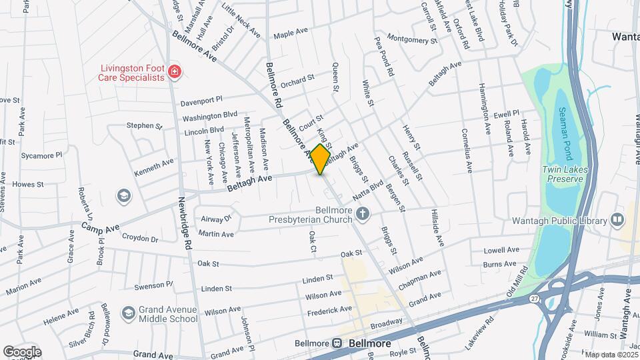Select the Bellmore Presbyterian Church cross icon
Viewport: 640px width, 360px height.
363,213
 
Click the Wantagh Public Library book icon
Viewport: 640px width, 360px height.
617,220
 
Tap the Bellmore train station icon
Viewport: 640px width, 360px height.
337,344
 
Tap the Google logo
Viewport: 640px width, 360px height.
22,351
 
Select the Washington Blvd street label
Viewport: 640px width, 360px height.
210,116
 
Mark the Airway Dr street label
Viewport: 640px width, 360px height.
215,218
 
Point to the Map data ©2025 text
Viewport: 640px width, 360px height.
610,354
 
